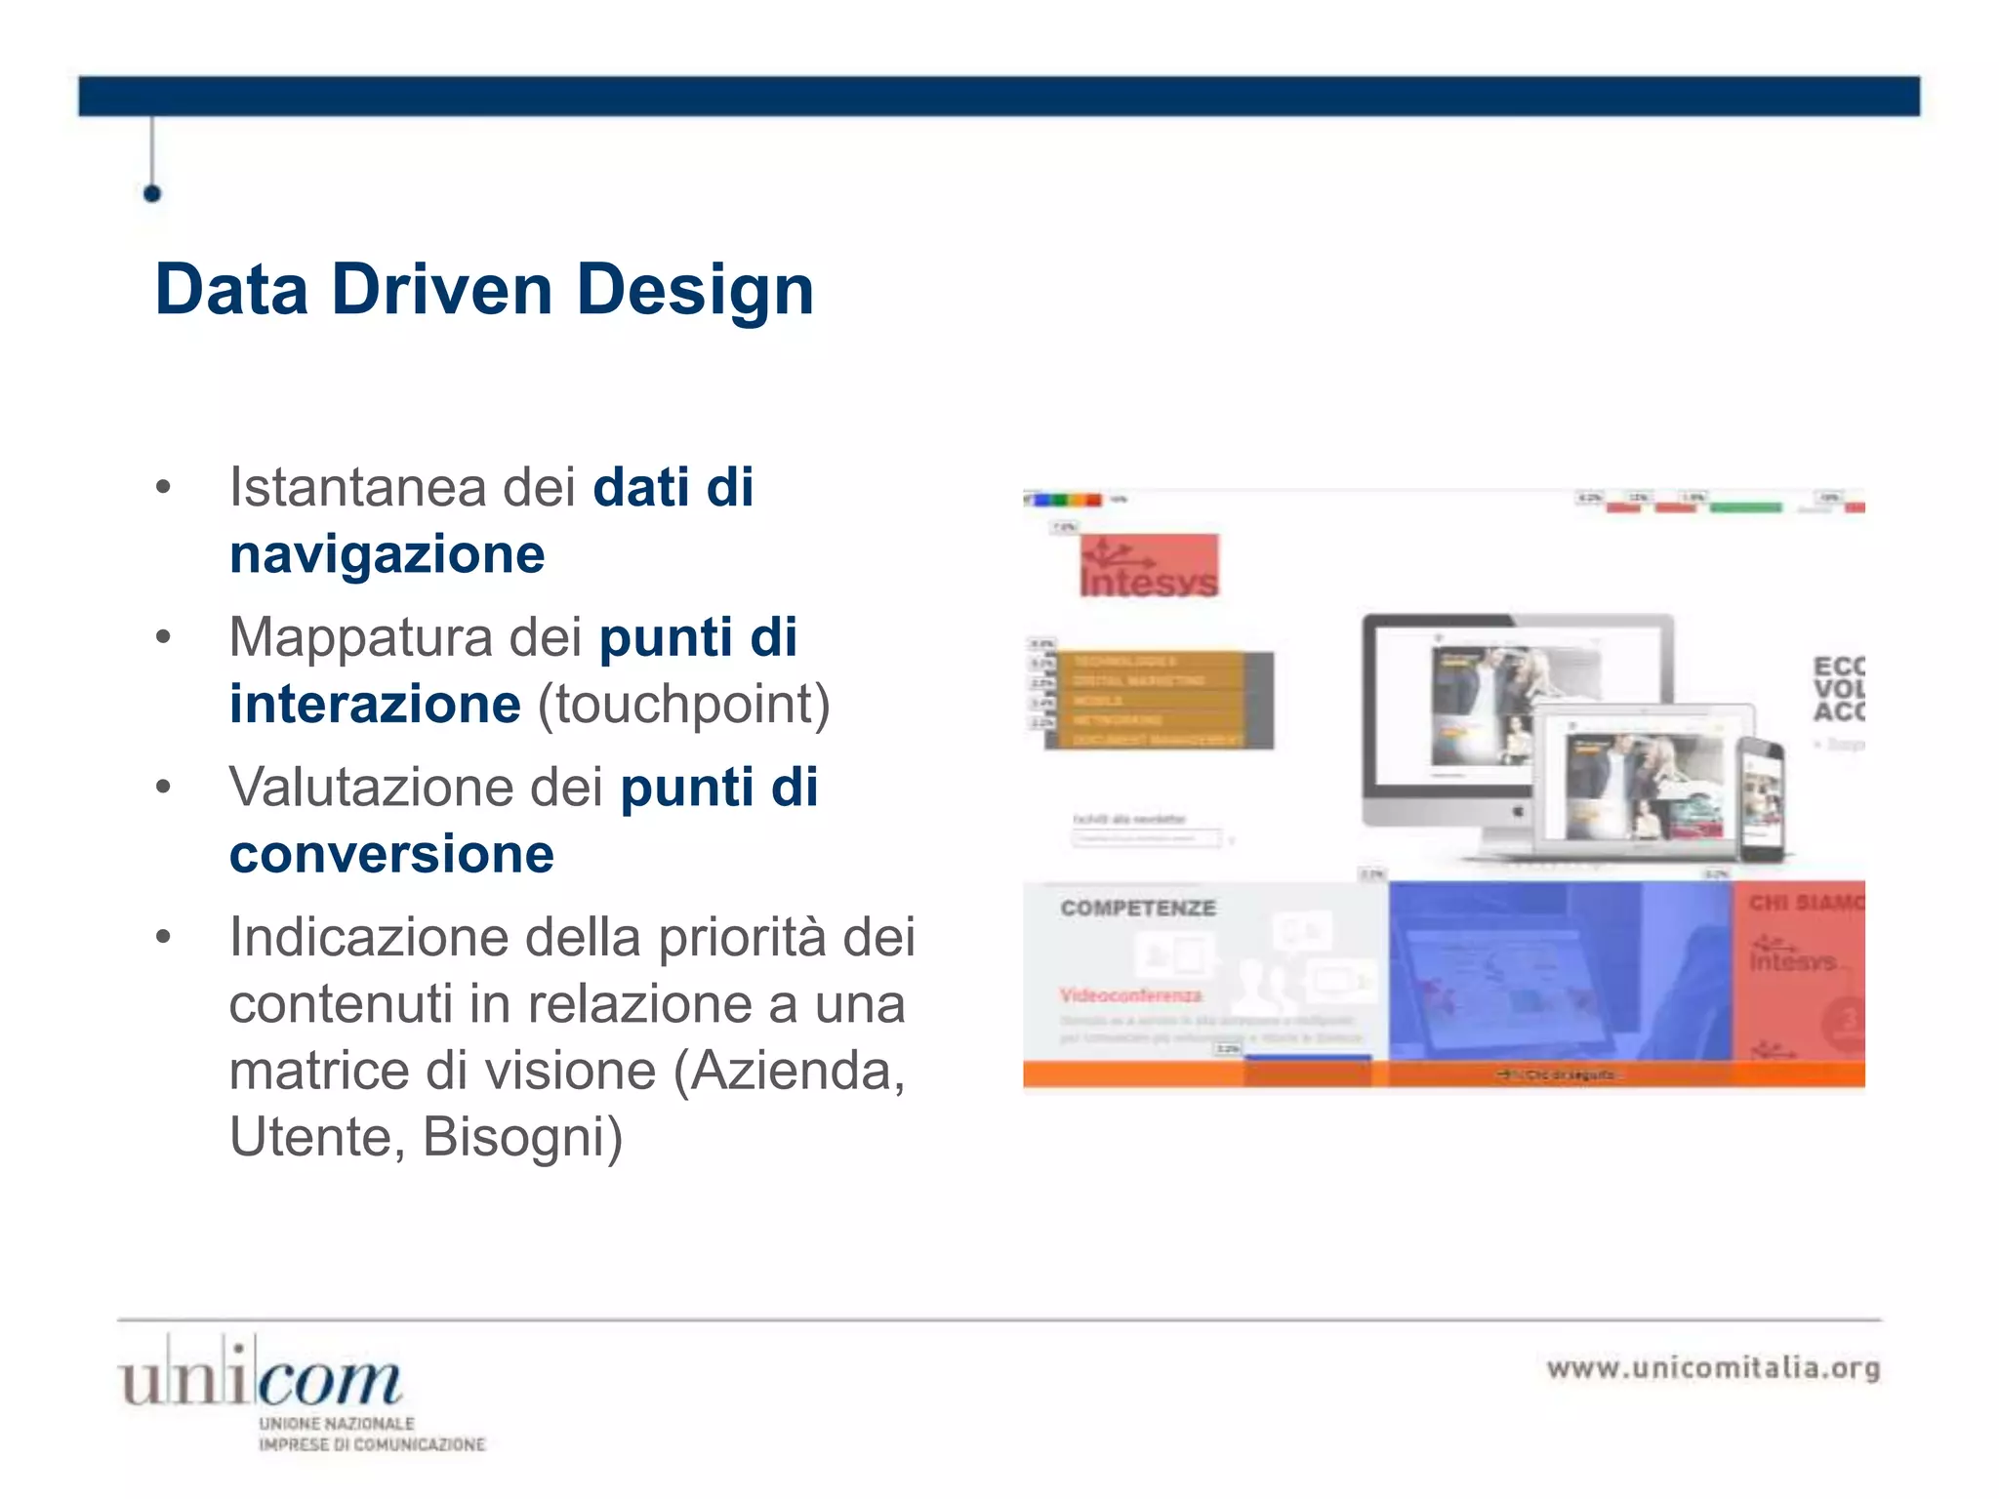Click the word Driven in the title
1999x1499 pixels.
(441, 290)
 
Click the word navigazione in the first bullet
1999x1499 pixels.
(387, 554)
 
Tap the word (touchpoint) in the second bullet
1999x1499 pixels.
(683, 704)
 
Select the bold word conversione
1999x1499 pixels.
(391, 854)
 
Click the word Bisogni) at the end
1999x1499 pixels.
(522, 1137)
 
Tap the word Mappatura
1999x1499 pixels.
(360, 637)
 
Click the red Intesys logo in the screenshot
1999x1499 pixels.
(1149, 566)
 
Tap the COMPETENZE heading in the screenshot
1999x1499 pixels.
(1138, 908)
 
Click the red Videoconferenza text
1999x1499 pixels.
(1130, 994)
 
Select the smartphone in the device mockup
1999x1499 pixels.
(1762, 800)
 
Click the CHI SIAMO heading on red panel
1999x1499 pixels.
(1806, 903)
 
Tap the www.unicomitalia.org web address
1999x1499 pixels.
(1713, 1367)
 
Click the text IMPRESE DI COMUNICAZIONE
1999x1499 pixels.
(371, 1444)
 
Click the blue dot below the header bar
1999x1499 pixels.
(151, 193)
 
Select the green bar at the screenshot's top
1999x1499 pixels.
(1746, 506)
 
